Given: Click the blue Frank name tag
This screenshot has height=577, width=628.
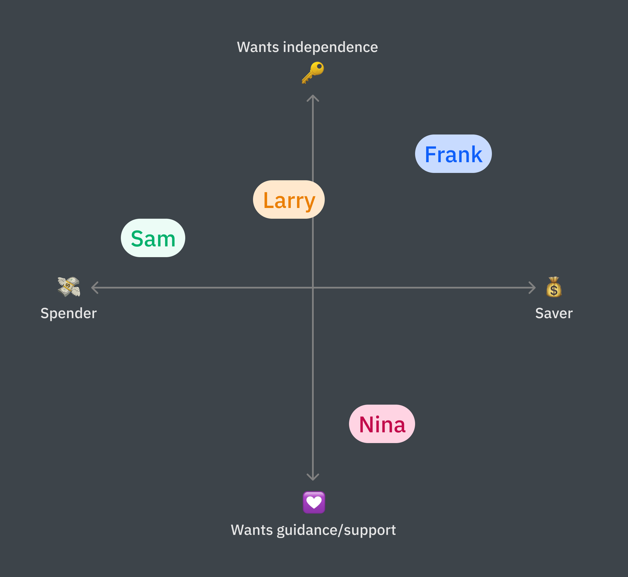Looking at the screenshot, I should point(453,154).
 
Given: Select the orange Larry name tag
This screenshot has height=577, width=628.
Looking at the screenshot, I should point(289,199).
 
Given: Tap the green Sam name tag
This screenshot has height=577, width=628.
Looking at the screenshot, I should point(153,238).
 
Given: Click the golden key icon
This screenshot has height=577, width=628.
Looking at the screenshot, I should point(313,72).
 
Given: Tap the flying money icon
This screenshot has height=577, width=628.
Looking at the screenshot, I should point(69,287).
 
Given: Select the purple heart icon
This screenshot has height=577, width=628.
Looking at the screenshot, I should point(314,502).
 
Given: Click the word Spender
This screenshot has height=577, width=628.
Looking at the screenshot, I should point(69,313).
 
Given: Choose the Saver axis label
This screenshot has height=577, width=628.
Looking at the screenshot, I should point(554,313).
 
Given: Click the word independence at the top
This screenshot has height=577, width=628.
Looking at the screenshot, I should point(330,47).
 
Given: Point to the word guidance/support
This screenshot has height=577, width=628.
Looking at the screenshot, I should point(336,530).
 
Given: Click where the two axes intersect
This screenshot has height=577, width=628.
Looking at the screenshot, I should point(313,288).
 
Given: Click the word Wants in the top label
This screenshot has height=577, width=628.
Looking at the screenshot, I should point(258,47).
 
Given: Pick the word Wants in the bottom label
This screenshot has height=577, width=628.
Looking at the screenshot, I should point(252,530).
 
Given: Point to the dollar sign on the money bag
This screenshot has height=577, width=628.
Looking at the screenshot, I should point(554,290).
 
